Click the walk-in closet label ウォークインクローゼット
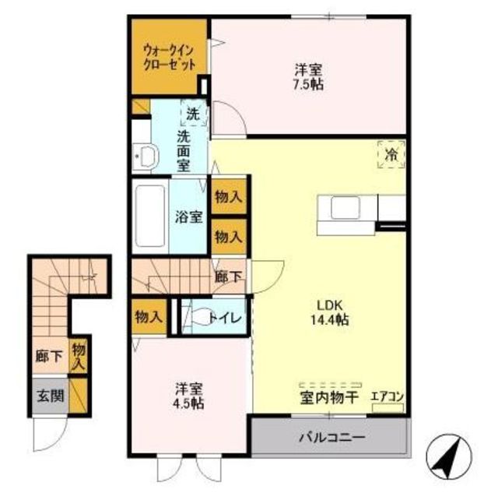(x=169, y=57)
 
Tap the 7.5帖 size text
(x=308, y=85)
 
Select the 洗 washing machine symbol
(x=194, y=113)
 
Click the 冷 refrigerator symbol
(x=391, y=155)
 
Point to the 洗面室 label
(x=184, y=151)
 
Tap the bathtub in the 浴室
(x=150, y=217)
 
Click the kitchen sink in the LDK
(x=345, y=207)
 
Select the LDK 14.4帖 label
(x=330, y=313)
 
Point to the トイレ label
(x=226, y=318)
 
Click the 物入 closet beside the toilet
(x=149, y=317)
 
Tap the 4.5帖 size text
(x=188, y=403)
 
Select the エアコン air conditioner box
(x=388, y=408)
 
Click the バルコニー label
(x=332, y=438)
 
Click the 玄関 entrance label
(x=51, y=396)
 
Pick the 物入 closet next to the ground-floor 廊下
(x=79, y=357)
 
